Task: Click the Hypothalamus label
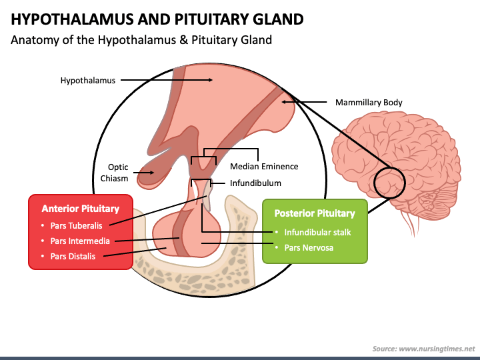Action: coord(88,81)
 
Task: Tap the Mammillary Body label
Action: coord(369,102)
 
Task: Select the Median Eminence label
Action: coord(264,166)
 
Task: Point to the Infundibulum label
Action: coord(255,183)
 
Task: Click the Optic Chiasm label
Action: coord(115,173)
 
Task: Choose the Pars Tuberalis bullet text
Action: coord(76,225)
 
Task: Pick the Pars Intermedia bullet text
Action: coord(80,241)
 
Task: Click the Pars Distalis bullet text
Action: coord(73,256)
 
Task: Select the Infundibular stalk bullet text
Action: coord(317,233)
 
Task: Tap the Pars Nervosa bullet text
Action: coord(309,247)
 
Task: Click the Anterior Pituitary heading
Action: coord(81,209)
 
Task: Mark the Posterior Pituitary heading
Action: coord(315,213)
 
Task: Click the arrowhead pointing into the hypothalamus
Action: coord(210,80)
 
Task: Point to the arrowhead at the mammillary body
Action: coord(284,101)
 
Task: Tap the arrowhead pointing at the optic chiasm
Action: coord(151,173)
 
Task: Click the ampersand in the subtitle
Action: coord(184,40)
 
